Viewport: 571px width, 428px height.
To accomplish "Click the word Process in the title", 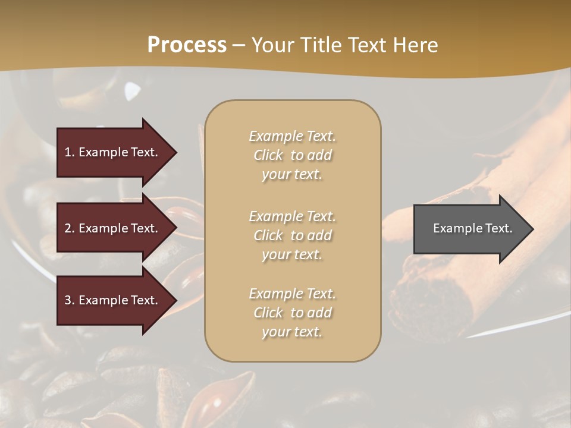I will coord(187,45).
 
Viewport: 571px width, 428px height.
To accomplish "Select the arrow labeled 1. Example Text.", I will coord(113,152).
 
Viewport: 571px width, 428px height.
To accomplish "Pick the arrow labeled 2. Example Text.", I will coord(113,228).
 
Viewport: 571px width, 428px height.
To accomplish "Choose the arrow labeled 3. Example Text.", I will coord(113,300).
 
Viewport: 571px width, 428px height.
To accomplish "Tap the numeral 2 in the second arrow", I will coord(68,228).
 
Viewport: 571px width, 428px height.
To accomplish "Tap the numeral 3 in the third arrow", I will coord(68,300).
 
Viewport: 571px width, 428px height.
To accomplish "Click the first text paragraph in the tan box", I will coord(292,155).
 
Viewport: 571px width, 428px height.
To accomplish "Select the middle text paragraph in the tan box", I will coord(292,235).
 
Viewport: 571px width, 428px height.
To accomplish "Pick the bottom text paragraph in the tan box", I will coord(292,313).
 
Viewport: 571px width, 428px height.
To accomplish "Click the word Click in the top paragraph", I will coord(268,155).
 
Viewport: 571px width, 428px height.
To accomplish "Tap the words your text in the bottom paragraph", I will coord(292,332).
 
